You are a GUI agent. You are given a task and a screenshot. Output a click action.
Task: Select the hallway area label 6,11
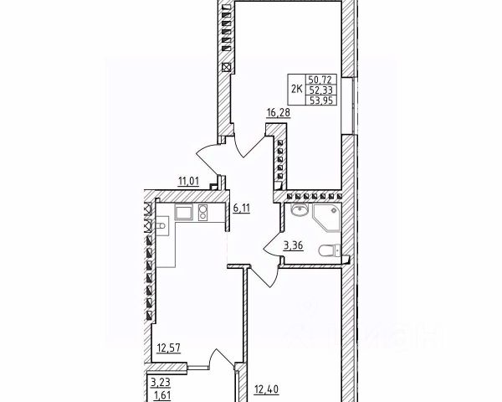[x=242, y=209]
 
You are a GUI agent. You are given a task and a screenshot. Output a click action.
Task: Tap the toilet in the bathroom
[x=332, y=249]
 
